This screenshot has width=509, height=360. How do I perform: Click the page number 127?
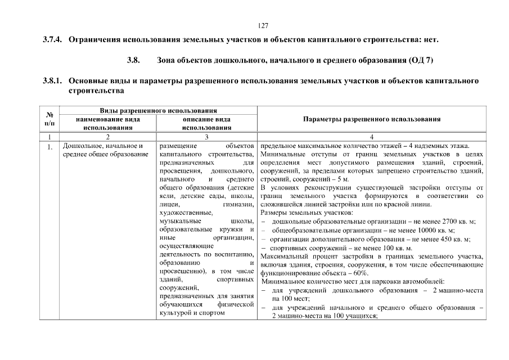(x=262, y=25)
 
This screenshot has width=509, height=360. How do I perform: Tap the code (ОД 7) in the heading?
(x=419, y=60)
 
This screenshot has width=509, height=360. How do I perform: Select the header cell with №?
(x=49, y=119)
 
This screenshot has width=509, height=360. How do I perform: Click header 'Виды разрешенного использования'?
(x=159, y=111)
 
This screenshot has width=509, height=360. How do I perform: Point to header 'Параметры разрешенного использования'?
(x=372, y=119)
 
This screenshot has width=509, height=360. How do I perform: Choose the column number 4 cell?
(x=372, y=137)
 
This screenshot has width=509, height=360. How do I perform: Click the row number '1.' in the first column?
(x=50, y=148)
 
